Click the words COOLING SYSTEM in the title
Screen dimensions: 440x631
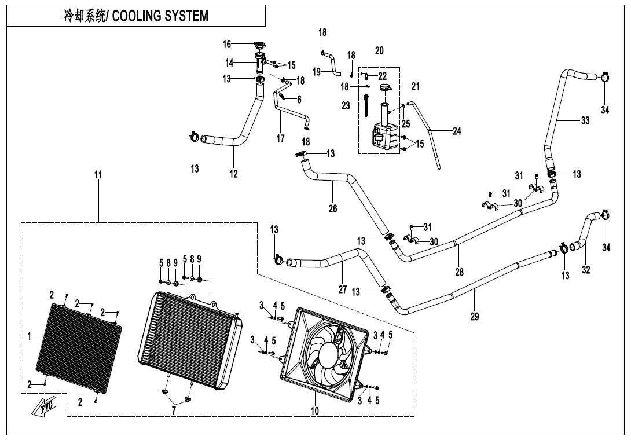pos(160,16)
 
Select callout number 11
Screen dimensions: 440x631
pos(98,174)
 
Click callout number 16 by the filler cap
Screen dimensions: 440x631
pos(227,44)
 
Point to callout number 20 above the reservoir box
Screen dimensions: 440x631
pos(379,51)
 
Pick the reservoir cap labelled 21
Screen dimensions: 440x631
pos(386,87)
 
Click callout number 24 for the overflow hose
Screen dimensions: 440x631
pos(457,131)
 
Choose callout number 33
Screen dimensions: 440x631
pos(585,121)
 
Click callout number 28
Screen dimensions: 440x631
pos(459,272)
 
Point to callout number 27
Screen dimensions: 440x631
pos(343,289)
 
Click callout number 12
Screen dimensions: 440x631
pos(233,174)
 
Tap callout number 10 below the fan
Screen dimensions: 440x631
pos(314,411)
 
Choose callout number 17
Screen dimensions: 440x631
pos(280,139)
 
